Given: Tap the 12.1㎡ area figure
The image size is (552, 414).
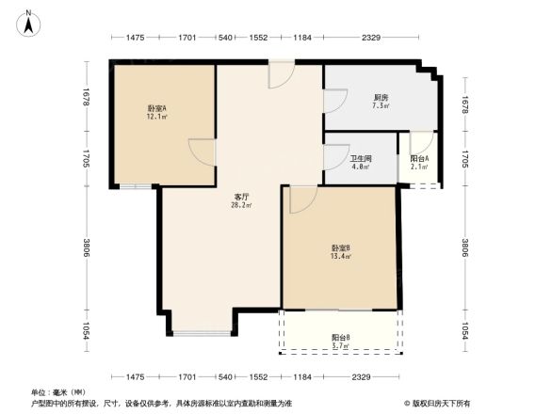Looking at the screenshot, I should pos(156,118).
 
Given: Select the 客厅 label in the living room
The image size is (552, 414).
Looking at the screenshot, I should pos(242,197).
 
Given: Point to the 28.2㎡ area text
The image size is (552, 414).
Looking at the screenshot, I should pos(242,205).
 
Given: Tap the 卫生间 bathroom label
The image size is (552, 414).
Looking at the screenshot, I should pos(361,158).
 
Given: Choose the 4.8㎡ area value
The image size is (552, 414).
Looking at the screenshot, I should pos(361,167).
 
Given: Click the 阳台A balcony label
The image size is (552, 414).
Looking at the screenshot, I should pos(420,158).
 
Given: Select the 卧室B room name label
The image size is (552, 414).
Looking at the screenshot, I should pos(341,247).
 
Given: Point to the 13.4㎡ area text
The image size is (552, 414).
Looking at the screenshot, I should pos(341,256).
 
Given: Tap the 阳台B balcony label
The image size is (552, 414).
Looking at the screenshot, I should pos(341,337).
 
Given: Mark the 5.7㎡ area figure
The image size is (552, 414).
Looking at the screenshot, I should pos(341,346).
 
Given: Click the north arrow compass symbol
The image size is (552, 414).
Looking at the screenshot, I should pos(28,23).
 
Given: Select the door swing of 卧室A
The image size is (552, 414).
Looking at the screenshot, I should pos(201,152).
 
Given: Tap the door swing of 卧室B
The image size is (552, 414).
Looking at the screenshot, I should pos(300,199).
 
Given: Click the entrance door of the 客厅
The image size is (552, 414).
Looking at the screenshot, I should pos(281,75).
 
